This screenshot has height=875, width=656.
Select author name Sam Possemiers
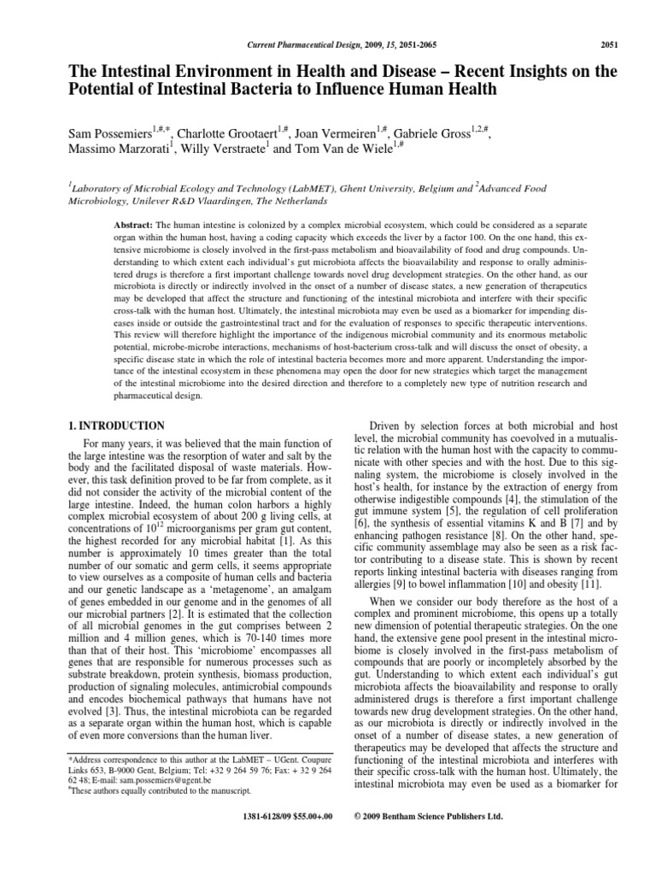coord(108,135)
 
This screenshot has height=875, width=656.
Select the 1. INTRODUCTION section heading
coord(116,425)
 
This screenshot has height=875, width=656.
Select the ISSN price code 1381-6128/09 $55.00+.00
coord(281,816)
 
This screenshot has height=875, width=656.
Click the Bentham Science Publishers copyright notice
coord(428,816)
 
